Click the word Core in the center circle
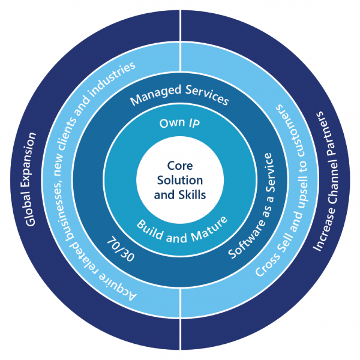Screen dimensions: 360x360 point(180,166)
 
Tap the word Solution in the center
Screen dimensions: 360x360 point(180,180)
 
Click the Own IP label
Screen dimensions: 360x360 point(179,124)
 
